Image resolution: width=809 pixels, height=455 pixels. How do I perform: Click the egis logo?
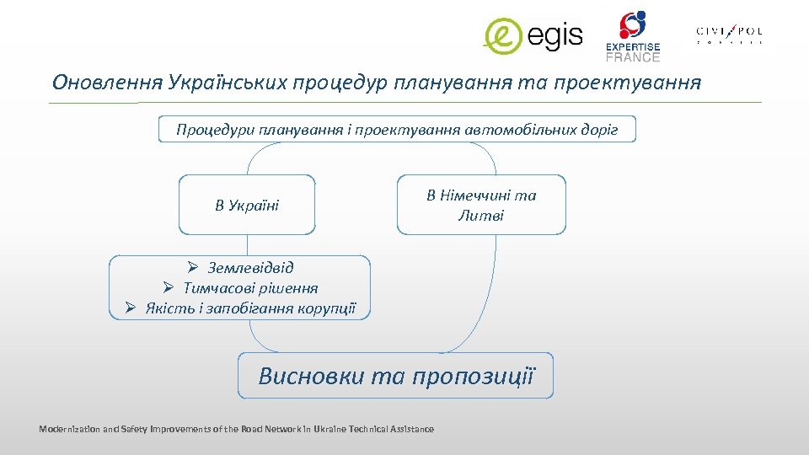pos(533,35)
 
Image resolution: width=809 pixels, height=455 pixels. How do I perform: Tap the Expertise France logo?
pos(633,36)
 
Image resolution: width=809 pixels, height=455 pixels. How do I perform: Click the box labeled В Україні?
pos(247,205)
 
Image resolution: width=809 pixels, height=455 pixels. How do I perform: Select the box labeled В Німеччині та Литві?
pos(481,205)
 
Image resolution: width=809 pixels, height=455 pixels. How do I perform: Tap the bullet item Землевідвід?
pos(250,268)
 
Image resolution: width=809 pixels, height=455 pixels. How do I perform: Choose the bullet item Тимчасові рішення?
pos(250,288)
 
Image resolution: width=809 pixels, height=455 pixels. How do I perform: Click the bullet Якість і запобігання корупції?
pos(250,308)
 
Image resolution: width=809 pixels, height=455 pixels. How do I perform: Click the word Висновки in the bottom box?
pos(311,376)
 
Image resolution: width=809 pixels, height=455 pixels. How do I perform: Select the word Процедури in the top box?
pos(206,130)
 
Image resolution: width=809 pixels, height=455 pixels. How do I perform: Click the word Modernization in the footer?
pos(67,430)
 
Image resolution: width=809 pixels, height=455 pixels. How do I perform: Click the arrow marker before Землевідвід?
pos(192,268)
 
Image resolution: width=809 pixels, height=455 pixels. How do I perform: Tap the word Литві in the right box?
pos(481,216)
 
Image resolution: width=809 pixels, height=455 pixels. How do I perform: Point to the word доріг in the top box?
pos(601,130)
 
